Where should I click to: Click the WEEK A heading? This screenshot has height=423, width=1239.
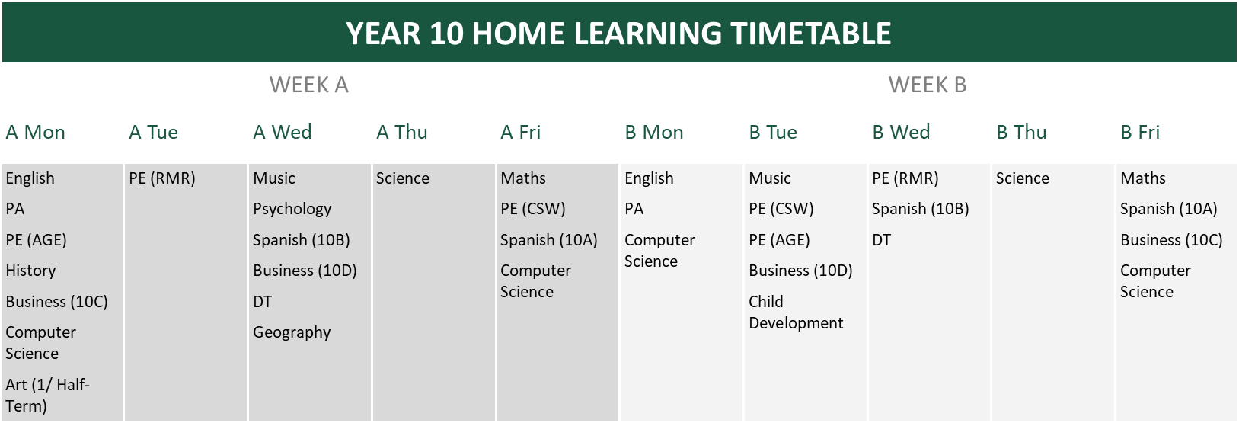click(x=308, y=85)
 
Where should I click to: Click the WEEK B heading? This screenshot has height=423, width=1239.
click(x=928, y=85)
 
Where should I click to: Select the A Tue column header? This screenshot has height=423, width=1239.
click(x=153, y=133)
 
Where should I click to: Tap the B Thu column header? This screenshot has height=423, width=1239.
click(x=1022, y=133)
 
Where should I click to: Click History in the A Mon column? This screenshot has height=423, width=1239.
click(x=30, y=271)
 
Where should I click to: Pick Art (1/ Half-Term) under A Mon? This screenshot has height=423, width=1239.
click(x=47, y=395)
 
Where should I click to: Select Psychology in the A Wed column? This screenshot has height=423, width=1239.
click(x=292, y=209)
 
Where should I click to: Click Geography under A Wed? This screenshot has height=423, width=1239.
click(x=292, y=332)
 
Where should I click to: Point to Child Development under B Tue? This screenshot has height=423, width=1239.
click(x=795, y=312)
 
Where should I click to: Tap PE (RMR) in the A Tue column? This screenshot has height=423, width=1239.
click(x=162, y=178)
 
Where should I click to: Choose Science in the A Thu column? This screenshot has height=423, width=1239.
click(x=403, y=178)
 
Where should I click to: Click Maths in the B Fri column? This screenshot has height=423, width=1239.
click(x=1143, y=178)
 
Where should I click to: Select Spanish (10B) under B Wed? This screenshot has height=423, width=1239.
click(x=921, y=209)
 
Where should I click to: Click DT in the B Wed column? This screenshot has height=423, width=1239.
click(x=881, y=240)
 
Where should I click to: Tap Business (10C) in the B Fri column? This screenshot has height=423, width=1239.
click(x=1171, y=240)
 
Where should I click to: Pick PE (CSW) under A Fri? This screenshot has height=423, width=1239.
click(x=532, y=209)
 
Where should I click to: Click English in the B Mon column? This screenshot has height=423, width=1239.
click(x=649, y=178)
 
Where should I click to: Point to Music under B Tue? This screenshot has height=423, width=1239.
click(x=769, y=178)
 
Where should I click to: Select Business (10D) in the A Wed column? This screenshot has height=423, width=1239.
click(x=305, y=271)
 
